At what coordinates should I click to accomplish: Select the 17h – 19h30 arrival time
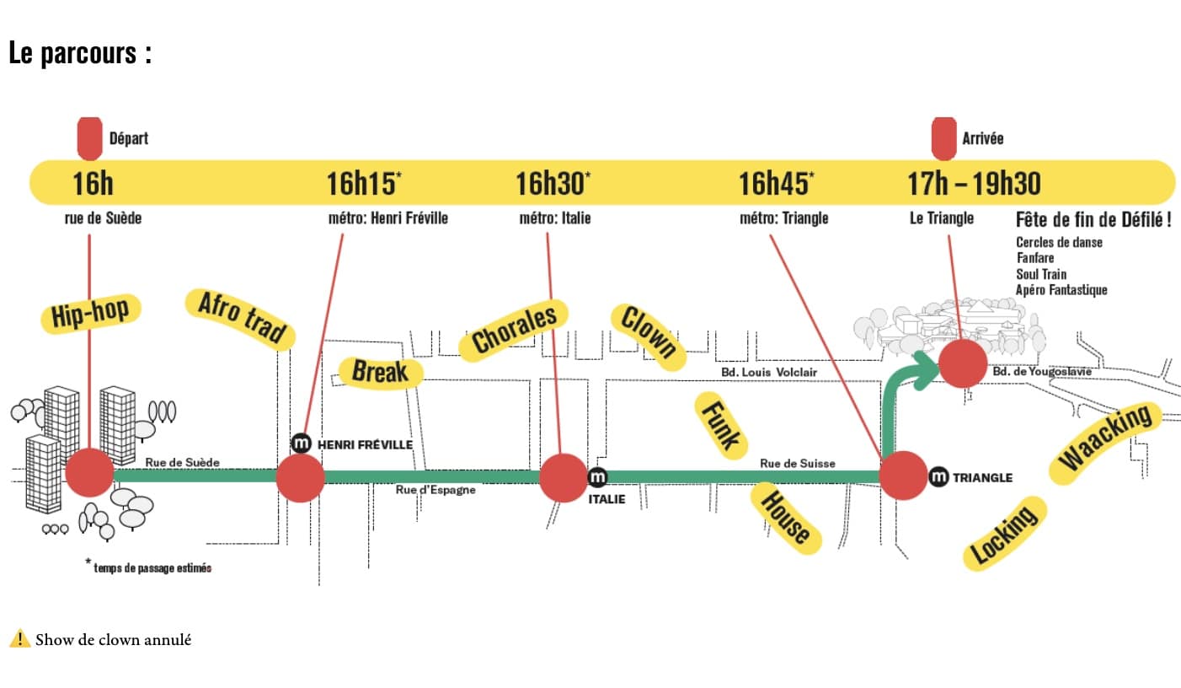coord(973,183)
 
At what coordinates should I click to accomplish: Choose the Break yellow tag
coord(380,372)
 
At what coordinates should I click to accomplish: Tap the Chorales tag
coord(514,329)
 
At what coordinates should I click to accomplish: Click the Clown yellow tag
coord(648,331)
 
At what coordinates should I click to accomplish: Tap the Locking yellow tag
coord(1004,533)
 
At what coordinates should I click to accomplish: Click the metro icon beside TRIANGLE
coord(938,477)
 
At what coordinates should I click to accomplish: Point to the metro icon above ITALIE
coord(597,477)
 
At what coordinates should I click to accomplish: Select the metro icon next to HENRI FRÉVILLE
coord(301,443)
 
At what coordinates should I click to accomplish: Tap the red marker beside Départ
coord(90,138)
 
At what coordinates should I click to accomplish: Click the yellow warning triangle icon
coord(19,639)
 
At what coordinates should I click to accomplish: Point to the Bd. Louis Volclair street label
coord(768,372)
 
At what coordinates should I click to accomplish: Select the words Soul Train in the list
coord(1041,274)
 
